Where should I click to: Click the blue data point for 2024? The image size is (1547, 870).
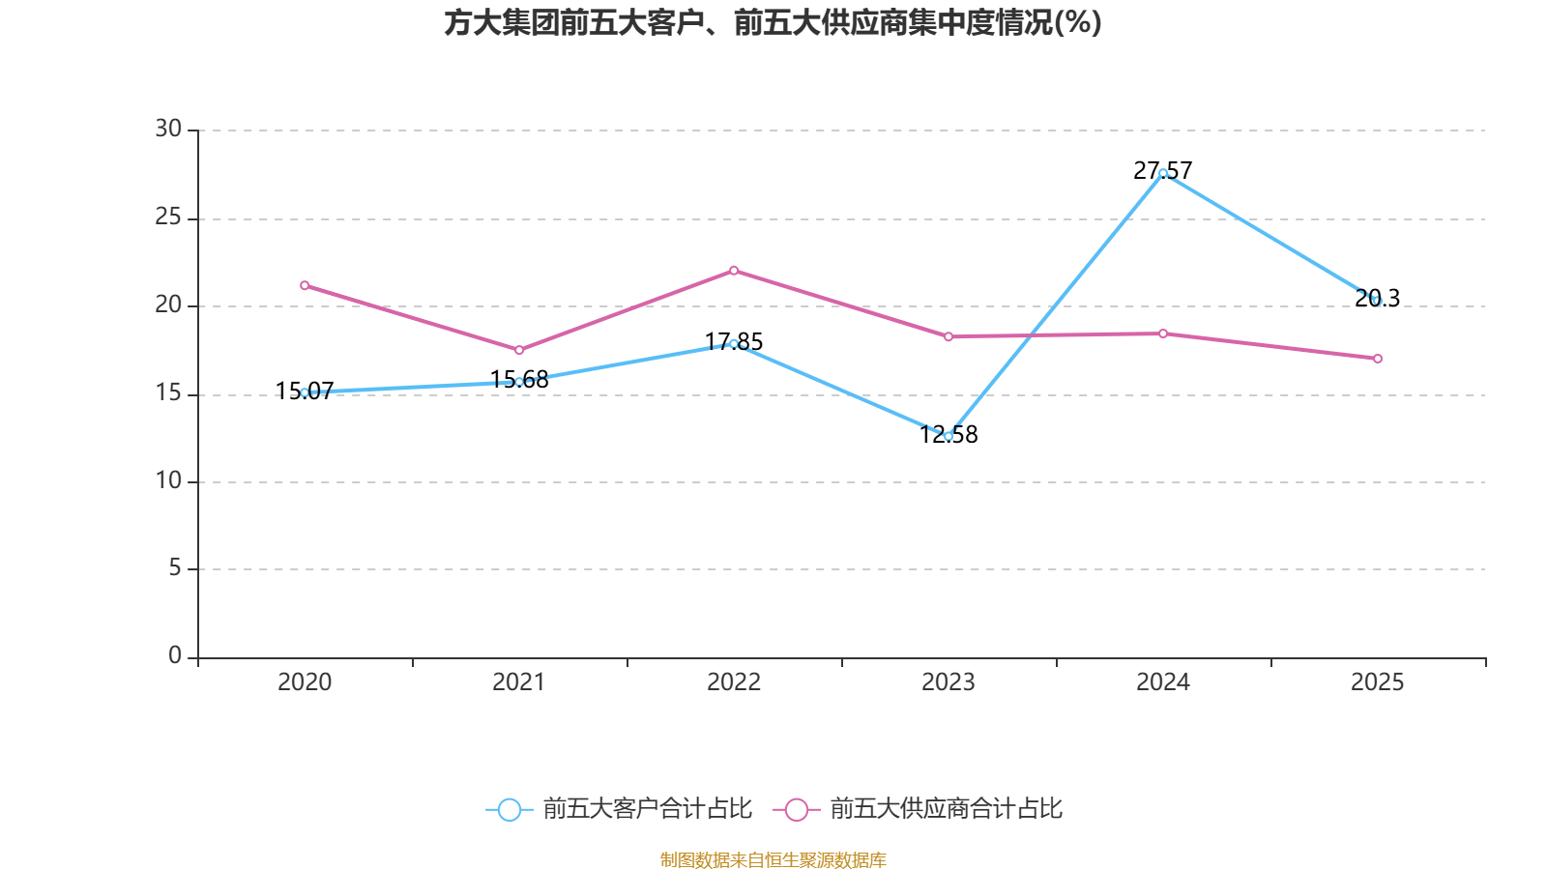point(1163,173)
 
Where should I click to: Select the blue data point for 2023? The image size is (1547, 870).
point(949,436)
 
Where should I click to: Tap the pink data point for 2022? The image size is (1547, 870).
point(734,271)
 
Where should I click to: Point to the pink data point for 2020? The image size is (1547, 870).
point(305,285)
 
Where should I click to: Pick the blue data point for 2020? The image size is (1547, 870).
point(305,392)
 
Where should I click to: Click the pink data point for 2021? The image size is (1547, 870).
point(519,350)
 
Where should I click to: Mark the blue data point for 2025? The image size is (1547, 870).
point(1378,301)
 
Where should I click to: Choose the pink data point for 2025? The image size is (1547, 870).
point(1378,359)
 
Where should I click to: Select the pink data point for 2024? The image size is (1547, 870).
point(1163,333)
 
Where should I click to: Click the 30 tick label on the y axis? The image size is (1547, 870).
point(168,130)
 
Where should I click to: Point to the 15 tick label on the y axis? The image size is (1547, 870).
point(168,393)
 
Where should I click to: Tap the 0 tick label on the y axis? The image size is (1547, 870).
point(175,656)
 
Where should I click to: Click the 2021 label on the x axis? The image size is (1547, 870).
point(519,682)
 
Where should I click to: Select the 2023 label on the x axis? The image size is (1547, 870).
point(949,682)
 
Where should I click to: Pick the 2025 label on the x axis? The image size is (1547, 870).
point(1377,682)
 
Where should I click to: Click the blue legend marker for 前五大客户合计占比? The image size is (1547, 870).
point(509,809)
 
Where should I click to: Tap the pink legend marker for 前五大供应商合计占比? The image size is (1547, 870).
point(796,809)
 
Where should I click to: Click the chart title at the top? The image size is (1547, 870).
point(773,23)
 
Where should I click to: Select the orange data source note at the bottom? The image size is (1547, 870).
point(773,859)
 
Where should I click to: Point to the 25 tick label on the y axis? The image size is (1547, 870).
point(168,217)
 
